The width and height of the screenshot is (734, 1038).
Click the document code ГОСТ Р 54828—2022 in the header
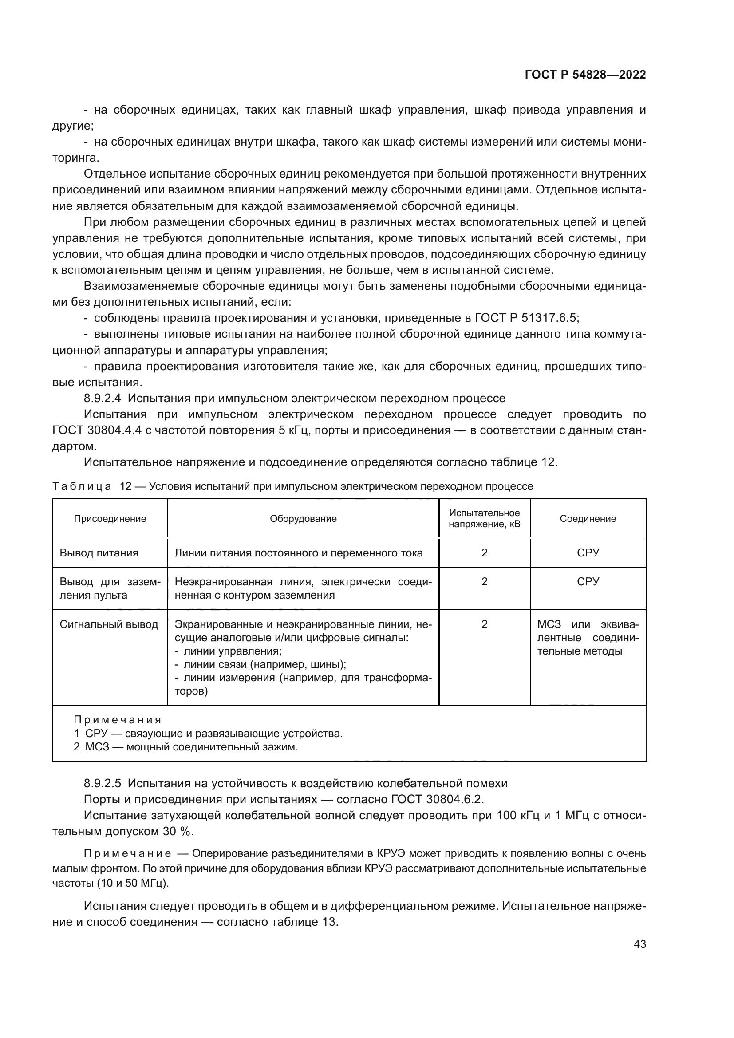point(585,75)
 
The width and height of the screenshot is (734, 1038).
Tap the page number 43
point(639,944)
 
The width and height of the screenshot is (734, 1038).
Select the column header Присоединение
point(110,518)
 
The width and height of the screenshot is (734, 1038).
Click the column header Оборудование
point(303,518)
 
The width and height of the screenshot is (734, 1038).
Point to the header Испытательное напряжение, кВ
point(484,518)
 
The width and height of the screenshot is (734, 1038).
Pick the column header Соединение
point(588,518)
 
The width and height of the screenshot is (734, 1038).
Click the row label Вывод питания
point(99,553)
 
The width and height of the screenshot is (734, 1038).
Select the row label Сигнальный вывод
point(109,624)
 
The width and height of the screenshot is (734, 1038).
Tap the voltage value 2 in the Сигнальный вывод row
point(484,624)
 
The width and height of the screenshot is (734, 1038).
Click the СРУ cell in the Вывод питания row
point(588,553)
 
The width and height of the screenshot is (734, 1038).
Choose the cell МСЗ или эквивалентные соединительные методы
point(588,637)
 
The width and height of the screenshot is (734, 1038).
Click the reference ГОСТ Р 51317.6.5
point(526,318)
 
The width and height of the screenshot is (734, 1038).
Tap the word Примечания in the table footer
point(117,720)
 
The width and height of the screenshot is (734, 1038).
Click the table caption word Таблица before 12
point(82,486)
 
